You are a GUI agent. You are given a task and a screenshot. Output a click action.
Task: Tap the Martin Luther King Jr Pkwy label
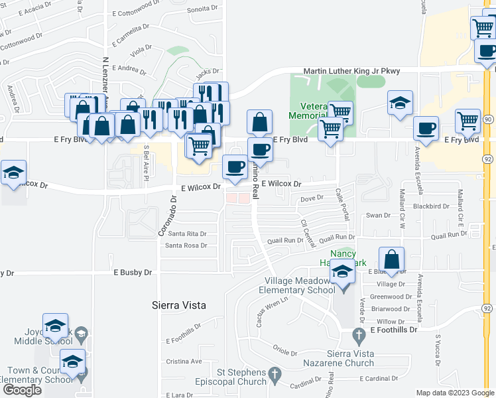351,71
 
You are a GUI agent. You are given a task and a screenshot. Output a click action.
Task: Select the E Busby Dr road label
133,272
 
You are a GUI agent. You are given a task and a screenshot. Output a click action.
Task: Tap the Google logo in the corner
22,389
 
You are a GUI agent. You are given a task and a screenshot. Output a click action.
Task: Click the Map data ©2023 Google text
455,393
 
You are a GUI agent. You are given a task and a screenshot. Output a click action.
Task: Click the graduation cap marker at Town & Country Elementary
72,361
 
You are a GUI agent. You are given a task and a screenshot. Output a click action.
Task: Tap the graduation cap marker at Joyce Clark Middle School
55,325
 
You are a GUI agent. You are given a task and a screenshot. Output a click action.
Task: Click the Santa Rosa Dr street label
186,245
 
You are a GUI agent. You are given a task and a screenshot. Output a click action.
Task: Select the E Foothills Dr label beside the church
395,330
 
